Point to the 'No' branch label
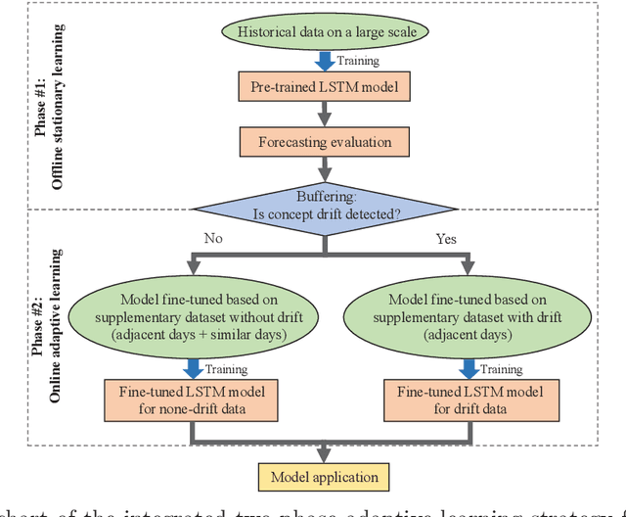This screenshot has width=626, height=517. point(212,238)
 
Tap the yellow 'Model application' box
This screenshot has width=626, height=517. point(324,477)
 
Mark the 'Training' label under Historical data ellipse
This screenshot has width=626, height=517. point(358,60)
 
